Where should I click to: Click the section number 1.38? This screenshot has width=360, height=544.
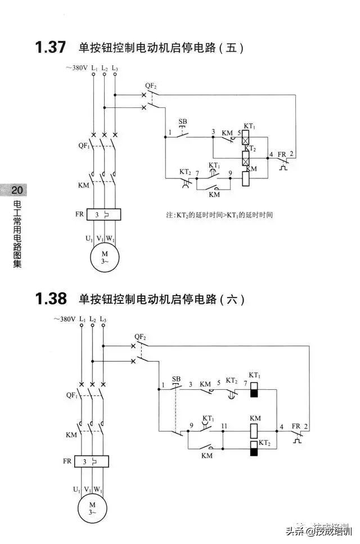point(51,299)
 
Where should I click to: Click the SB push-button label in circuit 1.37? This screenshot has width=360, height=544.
point(183,122)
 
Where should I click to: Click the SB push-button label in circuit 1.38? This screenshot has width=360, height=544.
point(176,379)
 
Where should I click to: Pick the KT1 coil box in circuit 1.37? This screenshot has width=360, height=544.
point(246,137)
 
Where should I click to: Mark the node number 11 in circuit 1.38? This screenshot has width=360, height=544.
point(224,425)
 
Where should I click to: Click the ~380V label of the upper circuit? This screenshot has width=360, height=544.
point(76,68)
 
